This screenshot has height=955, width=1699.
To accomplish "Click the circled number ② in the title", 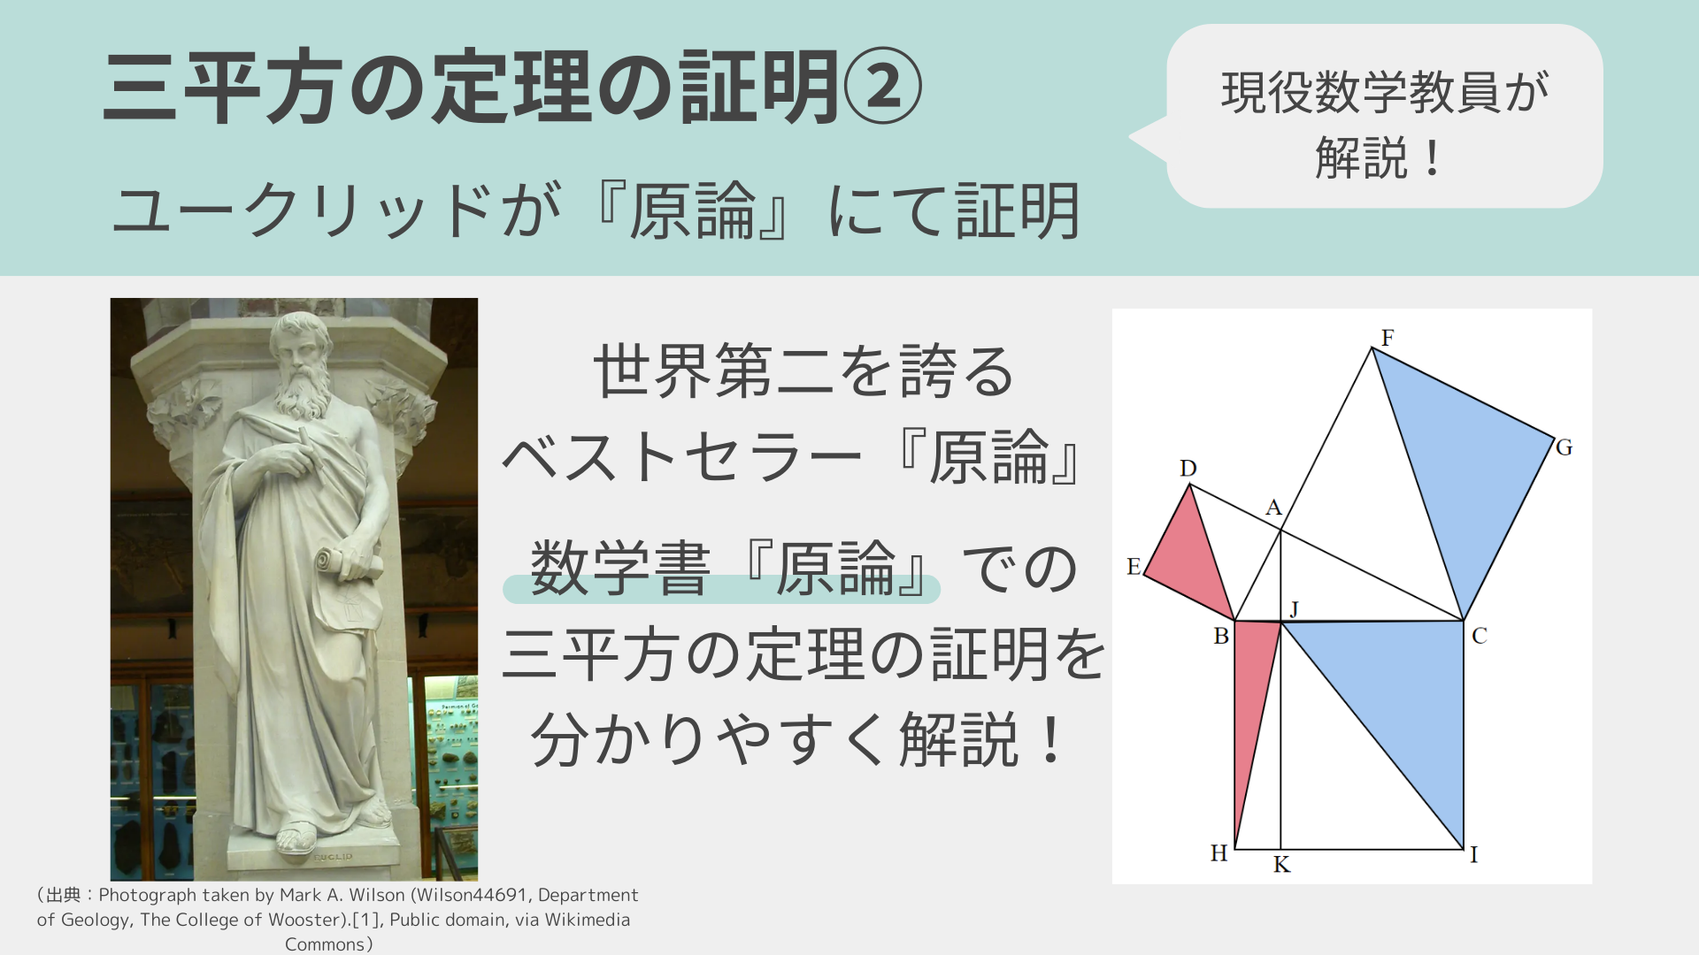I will pos(882,87).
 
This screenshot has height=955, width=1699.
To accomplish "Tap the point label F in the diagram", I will pos(1388,338).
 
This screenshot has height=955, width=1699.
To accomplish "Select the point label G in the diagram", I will pos(1564,447).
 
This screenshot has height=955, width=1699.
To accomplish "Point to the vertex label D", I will pos(1188,468).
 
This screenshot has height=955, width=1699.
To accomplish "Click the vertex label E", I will pos(1134,567).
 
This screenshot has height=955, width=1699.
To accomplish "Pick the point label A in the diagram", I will pos(1273,508).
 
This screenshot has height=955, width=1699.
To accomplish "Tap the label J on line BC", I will pos(1294,608).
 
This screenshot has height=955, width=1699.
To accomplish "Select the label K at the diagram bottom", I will pos(1281,865).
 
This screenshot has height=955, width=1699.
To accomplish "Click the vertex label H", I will pos(1219,853).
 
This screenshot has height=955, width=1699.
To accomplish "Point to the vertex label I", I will pos(1474,854).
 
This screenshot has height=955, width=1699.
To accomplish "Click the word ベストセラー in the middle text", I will pos(681,458).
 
